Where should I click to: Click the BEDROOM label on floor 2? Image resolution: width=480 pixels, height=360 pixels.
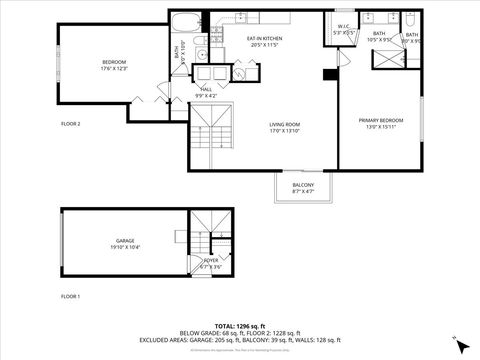coord(113,62)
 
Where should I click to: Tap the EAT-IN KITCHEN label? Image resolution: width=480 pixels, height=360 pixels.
coord(267,39)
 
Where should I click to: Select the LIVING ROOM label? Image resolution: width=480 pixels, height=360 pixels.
coord(285,124)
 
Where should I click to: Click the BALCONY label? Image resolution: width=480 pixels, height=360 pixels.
coord(302,185)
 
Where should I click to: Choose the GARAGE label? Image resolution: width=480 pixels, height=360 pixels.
coord(125,240)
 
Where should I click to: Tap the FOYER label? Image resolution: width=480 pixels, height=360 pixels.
coord(211,261)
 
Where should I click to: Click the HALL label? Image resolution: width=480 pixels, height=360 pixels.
coord(206,89)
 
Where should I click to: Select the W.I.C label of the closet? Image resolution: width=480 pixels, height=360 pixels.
coord(343,27)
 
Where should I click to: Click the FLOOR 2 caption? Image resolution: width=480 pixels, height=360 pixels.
coord(70,123)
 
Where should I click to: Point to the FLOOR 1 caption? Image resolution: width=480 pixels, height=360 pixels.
coord(70,297)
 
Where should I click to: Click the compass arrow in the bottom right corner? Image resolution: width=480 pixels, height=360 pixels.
coord(461,344)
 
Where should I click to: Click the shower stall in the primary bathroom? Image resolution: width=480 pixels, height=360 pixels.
coord(386,57)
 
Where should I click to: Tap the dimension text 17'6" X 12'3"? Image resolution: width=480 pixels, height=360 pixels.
coord(113,69)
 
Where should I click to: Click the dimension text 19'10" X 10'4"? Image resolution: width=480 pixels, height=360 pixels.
coord(125,247)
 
